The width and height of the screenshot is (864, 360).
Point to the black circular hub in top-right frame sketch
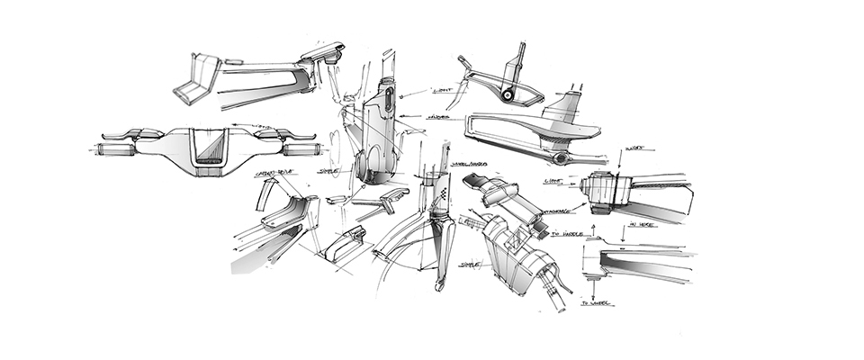pyautogui.click(x=508, y=94)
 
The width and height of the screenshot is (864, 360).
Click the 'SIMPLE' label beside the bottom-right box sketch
pyautogui.click(x=469, y=265)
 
